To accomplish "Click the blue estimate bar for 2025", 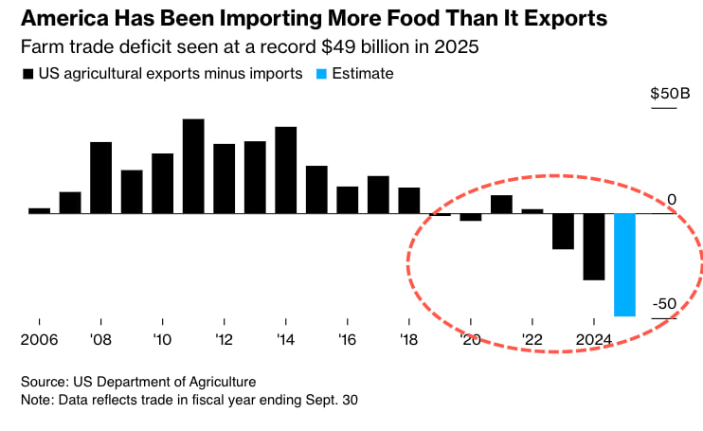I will coord(625,264).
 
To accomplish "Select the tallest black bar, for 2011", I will coord(193,166).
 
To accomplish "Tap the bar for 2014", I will coord(286,170).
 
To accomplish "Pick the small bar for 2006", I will coord(39,210).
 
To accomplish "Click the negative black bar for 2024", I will coord(594,246).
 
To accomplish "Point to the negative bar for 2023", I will coord(564,231).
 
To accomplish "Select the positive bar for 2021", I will coord(501,204).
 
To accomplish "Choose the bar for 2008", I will coord(101,177).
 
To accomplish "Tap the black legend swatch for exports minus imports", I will coord(28,74).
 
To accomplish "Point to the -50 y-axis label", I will coord(662,303).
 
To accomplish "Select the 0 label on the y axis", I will coord(671,199).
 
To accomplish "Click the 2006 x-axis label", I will coord(39,339).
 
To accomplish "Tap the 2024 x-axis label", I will coord(594,339).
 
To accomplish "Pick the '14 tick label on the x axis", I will coord(286,339).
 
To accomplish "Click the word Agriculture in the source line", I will coord(220,382).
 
